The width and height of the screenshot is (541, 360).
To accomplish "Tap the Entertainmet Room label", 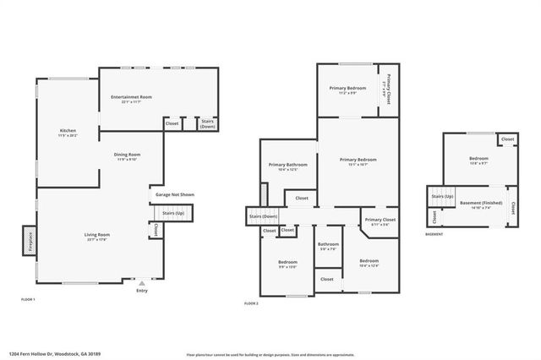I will tap(131, 99).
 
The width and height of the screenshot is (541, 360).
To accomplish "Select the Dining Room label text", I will tap(128, 156).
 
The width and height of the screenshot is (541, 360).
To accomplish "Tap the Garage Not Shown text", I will tap(174, 195).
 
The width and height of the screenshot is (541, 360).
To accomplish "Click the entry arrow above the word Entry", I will tap(141, 282).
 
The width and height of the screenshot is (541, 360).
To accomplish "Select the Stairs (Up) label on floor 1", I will tap(173, 213).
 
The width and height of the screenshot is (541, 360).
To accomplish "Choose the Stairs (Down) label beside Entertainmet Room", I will tap(207, 123).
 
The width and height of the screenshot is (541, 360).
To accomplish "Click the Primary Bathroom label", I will tap(288, 166).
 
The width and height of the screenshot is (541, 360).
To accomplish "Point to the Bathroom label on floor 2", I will tap(329, 246).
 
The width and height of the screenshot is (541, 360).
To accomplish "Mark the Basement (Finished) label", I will tap(481, 204).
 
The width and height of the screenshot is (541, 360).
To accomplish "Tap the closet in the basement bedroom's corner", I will tap(507, 139).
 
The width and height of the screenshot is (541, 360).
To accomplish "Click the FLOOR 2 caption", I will tap(252, 303).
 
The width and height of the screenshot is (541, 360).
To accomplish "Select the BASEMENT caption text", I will tap(434, 234).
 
